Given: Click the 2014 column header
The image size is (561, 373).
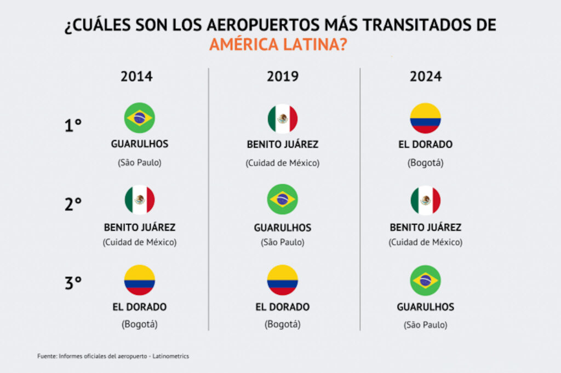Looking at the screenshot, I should pyautogui.click(x=136, y=77).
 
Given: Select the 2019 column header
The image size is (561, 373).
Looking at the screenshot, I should pyautogui.click(x=283, y=77).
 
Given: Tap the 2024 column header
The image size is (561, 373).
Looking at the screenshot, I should pyautogui.click(x=426, y=77).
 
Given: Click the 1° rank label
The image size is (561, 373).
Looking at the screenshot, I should pyautogui.click(x=73, y=126).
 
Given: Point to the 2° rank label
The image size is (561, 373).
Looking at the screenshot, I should pyautogui.click(x=73, y=204).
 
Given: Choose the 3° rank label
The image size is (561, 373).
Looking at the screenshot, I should pyautogui.click(x=73, y=283).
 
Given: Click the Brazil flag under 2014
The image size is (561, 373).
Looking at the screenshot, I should pyautogui.click(x=140, y=118).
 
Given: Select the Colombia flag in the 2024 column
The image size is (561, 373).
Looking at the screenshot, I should pyautogui.click(x=426, y=118).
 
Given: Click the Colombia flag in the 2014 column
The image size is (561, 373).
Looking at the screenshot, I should pyautogui.click(x=140, y=280).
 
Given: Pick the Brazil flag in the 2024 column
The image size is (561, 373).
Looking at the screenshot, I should pyautogui.click(x=426, y=280).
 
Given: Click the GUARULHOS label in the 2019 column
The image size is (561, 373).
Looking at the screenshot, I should pyautogui.click(x=283, y=228).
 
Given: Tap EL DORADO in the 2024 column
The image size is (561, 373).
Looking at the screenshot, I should pyautogui.click(x=426, y=145).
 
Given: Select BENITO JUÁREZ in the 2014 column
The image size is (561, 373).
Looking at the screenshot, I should pyautogui.click(x=140, y=228).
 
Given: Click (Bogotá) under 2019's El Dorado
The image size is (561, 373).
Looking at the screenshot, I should pyautogui.click(x=283, y=324).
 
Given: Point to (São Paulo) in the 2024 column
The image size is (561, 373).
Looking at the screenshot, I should pyautogui.click(x=426, y=324).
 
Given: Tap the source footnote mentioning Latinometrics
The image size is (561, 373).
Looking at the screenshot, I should pyautogui.click(x=113, y=356).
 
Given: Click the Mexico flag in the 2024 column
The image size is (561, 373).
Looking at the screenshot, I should pyautogui.click(x=426, y=201).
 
